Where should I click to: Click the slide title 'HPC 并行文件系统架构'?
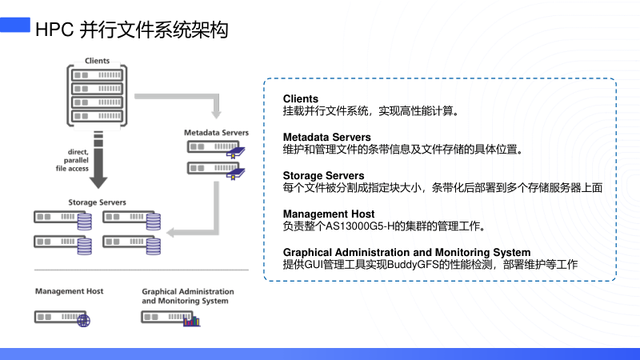pos(132,30)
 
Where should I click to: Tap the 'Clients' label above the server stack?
pos(98,61)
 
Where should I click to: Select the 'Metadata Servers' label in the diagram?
pos(216,131)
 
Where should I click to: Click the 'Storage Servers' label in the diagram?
pos(97,202)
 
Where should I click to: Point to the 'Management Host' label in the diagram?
pos(69,291)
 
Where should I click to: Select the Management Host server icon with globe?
pos(62,318)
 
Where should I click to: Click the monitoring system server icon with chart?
pos(170,318)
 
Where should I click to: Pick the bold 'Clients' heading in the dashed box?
pos(301,99)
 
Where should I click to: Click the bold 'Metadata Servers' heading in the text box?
pos(327,138)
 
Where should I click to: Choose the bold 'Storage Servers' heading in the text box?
pos(323,175)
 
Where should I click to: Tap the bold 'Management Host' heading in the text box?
pos(329,214)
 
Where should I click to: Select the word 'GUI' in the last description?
pos(314,264)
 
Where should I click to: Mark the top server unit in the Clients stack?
pos(98,74)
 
